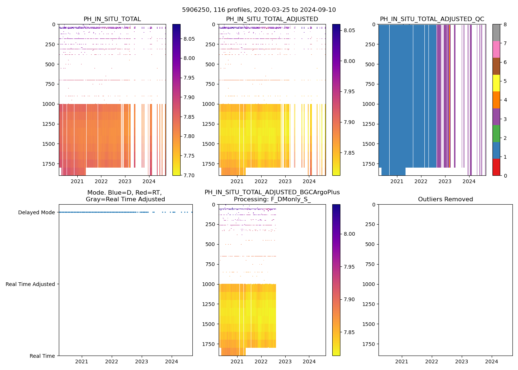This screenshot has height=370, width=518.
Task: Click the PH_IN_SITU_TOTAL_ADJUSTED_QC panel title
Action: click(432, 19)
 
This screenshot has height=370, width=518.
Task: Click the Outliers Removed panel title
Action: click(445, 199)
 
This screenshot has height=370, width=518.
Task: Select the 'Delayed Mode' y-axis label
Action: click(36, 212)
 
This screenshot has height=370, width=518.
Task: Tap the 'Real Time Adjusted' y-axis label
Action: click(30, 284)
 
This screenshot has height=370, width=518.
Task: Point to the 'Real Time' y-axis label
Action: click(42, 356)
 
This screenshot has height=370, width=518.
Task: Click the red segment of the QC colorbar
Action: click(496, 167)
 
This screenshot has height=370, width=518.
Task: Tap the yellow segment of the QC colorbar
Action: click(496, 83)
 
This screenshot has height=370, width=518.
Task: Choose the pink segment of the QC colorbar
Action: click(496, 49)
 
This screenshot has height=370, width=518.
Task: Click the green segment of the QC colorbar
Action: click(496, 134)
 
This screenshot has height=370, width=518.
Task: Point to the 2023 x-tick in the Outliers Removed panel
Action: click(462, 361)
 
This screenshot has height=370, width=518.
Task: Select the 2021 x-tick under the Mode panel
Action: click(82, 361)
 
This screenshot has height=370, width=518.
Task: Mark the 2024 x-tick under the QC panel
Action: click(469, 181)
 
